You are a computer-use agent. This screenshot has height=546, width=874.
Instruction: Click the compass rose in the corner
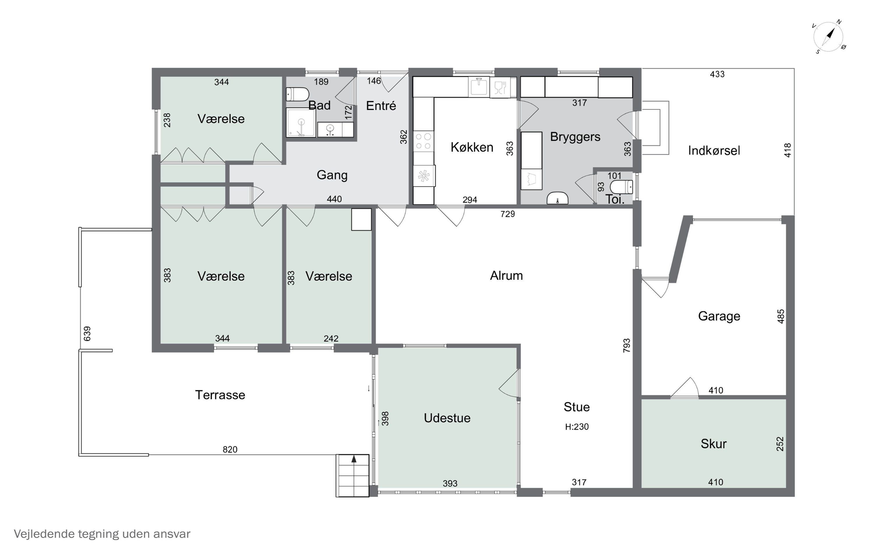pos(829,37)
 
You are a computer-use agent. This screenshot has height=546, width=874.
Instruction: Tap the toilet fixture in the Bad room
pos(297,94)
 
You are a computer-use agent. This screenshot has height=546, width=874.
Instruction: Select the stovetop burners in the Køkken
pos(423,141)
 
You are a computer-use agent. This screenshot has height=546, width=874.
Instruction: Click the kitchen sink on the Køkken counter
pos(479,87)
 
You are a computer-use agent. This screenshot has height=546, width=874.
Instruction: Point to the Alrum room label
pos(506,276)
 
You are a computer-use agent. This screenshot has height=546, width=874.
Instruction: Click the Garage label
pos(719,316)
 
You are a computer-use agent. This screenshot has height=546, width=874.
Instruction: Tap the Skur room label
pos(714,444)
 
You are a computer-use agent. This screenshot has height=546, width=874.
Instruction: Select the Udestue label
pos(447,418)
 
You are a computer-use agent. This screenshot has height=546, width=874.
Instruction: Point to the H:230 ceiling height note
pos(577,427)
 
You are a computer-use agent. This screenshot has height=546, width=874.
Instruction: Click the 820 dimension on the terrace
pos(230,450)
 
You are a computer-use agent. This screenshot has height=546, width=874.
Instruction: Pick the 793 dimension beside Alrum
pos(627,345)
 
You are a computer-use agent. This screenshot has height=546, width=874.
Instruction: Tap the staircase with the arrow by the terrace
pos(353,476)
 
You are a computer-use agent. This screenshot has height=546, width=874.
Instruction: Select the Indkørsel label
pos(714,151)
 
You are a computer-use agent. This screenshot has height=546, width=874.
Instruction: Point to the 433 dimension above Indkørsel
pos(717,74)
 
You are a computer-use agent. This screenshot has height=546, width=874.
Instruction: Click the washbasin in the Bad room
pos(330,130)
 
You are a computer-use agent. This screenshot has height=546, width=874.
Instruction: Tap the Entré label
pos(381,106)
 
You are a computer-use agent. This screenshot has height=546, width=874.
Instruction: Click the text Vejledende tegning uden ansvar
pos(102,534)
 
